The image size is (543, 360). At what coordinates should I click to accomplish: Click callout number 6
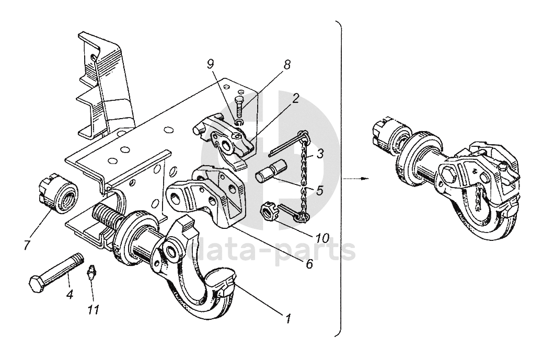pyautogui.click(x=309, y=264)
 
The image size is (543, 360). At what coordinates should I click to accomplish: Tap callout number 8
pyautogui.click(x=287, y=65)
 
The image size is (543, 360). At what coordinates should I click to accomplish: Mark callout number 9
pyautogui.click(x=210, y=65)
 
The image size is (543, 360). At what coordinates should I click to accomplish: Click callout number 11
pyautogui.click(x=94, y=310)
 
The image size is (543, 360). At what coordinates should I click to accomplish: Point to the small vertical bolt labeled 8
pyautogui.click(x=240, y=107)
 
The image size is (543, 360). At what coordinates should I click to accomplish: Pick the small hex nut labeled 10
pyautogui.click(x=268, y=213)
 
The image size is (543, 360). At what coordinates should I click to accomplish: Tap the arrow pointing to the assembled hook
pyautogui.click(x=356, y=178)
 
